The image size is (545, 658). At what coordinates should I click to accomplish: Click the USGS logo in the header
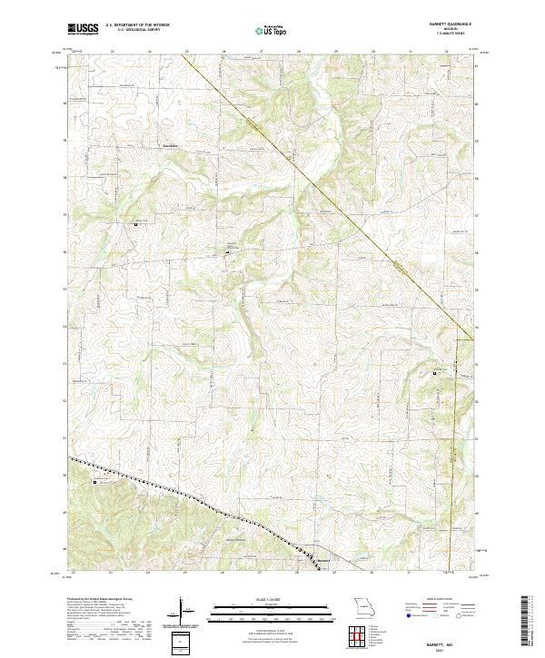click(84, 30)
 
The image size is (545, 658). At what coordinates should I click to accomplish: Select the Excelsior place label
click(171, 145)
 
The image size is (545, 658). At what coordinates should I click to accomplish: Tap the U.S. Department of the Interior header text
click(137, 25)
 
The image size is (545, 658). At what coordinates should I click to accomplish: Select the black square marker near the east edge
click(434, 373)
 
